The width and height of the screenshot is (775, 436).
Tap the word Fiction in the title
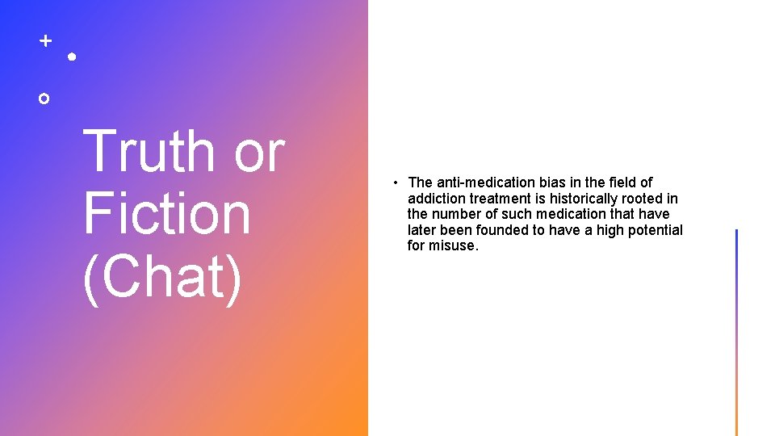[166, 213]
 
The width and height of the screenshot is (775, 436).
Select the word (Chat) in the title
[162, 276]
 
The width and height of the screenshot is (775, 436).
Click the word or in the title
[259, 151]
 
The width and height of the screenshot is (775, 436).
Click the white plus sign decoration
[45, 40]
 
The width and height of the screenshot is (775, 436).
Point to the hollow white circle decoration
[44, 98]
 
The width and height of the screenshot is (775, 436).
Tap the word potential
[654, 230]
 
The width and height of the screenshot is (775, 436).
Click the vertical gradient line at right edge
[736, 331]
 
